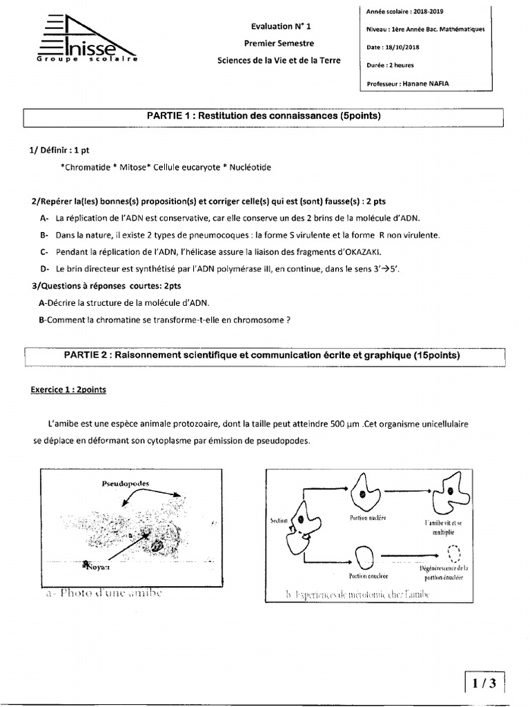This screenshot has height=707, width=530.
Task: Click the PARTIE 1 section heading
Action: coord(264,117)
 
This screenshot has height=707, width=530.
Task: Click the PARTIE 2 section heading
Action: coord(262,355)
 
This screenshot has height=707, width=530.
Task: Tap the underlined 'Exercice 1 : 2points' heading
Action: coord(68,389)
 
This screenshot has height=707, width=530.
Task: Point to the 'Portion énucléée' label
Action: coord(368,574)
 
